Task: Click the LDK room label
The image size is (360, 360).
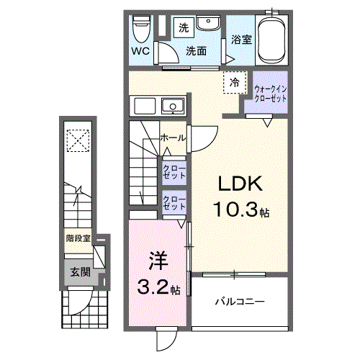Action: click(231, 184)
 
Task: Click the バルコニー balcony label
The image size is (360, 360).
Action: click(240, 300)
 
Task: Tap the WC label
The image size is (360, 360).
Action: click(140, 52)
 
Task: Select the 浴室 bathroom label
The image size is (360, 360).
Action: click(241, 40)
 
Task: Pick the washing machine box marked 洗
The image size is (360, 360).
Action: click(183, 29)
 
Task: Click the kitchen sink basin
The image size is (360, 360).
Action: click(172, 107)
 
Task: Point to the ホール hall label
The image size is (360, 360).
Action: click(172, 138)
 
